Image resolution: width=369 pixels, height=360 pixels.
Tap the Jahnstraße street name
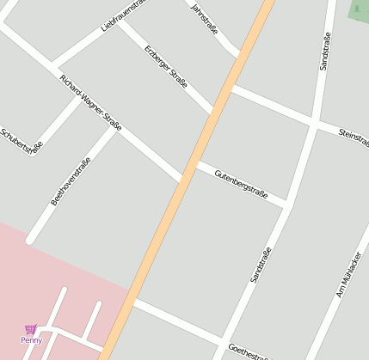[205, 21]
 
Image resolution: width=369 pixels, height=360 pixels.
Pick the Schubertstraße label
[22, 141]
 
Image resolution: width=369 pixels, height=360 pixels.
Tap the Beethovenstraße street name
[71, 179]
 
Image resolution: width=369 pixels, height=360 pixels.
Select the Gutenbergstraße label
[242, 183]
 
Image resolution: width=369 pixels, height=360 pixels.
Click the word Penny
[32, 340]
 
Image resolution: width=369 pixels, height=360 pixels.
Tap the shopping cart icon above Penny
[31, 329]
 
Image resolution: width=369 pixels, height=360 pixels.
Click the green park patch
[360, 10]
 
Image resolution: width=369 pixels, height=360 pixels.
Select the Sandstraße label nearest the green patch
[324, 52]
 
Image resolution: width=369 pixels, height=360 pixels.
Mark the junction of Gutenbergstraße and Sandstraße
[287, 206]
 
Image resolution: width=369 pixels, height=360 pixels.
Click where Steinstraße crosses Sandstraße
[316, 125]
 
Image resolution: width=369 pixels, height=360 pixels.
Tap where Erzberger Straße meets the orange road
[212, 113]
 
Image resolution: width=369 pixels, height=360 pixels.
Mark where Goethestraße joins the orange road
[133, 302]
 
